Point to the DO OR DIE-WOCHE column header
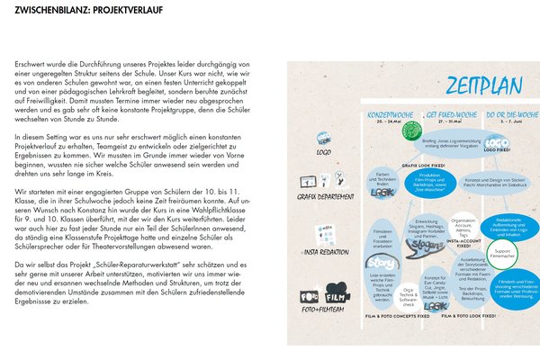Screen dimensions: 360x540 [x=504, y=116]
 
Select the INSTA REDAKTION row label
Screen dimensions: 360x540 [x=319, y=254]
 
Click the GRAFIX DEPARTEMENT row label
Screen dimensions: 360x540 [x=321, y=195]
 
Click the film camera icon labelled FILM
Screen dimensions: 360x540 [x=337, y=297]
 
